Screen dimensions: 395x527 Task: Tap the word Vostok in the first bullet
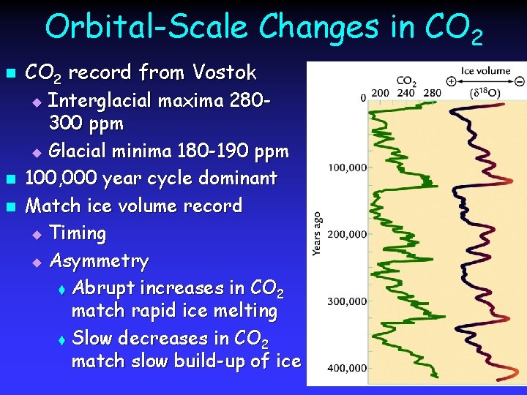(225, 72)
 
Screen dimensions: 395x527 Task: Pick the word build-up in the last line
(220, 361)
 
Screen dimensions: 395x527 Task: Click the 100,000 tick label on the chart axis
(346, 168)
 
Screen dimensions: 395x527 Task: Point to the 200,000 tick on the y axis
(346, 234)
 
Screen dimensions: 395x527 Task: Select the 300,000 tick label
(346, 301)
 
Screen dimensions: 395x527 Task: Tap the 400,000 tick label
(346, 367)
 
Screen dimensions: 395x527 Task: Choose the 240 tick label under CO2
(406, 93)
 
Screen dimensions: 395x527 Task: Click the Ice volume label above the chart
(485, 72)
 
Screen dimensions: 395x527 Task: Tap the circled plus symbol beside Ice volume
(452, 81)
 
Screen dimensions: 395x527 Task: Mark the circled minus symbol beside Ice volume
(519, 81)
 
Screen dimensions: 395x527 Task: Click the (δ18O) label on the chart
(485, 93)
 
